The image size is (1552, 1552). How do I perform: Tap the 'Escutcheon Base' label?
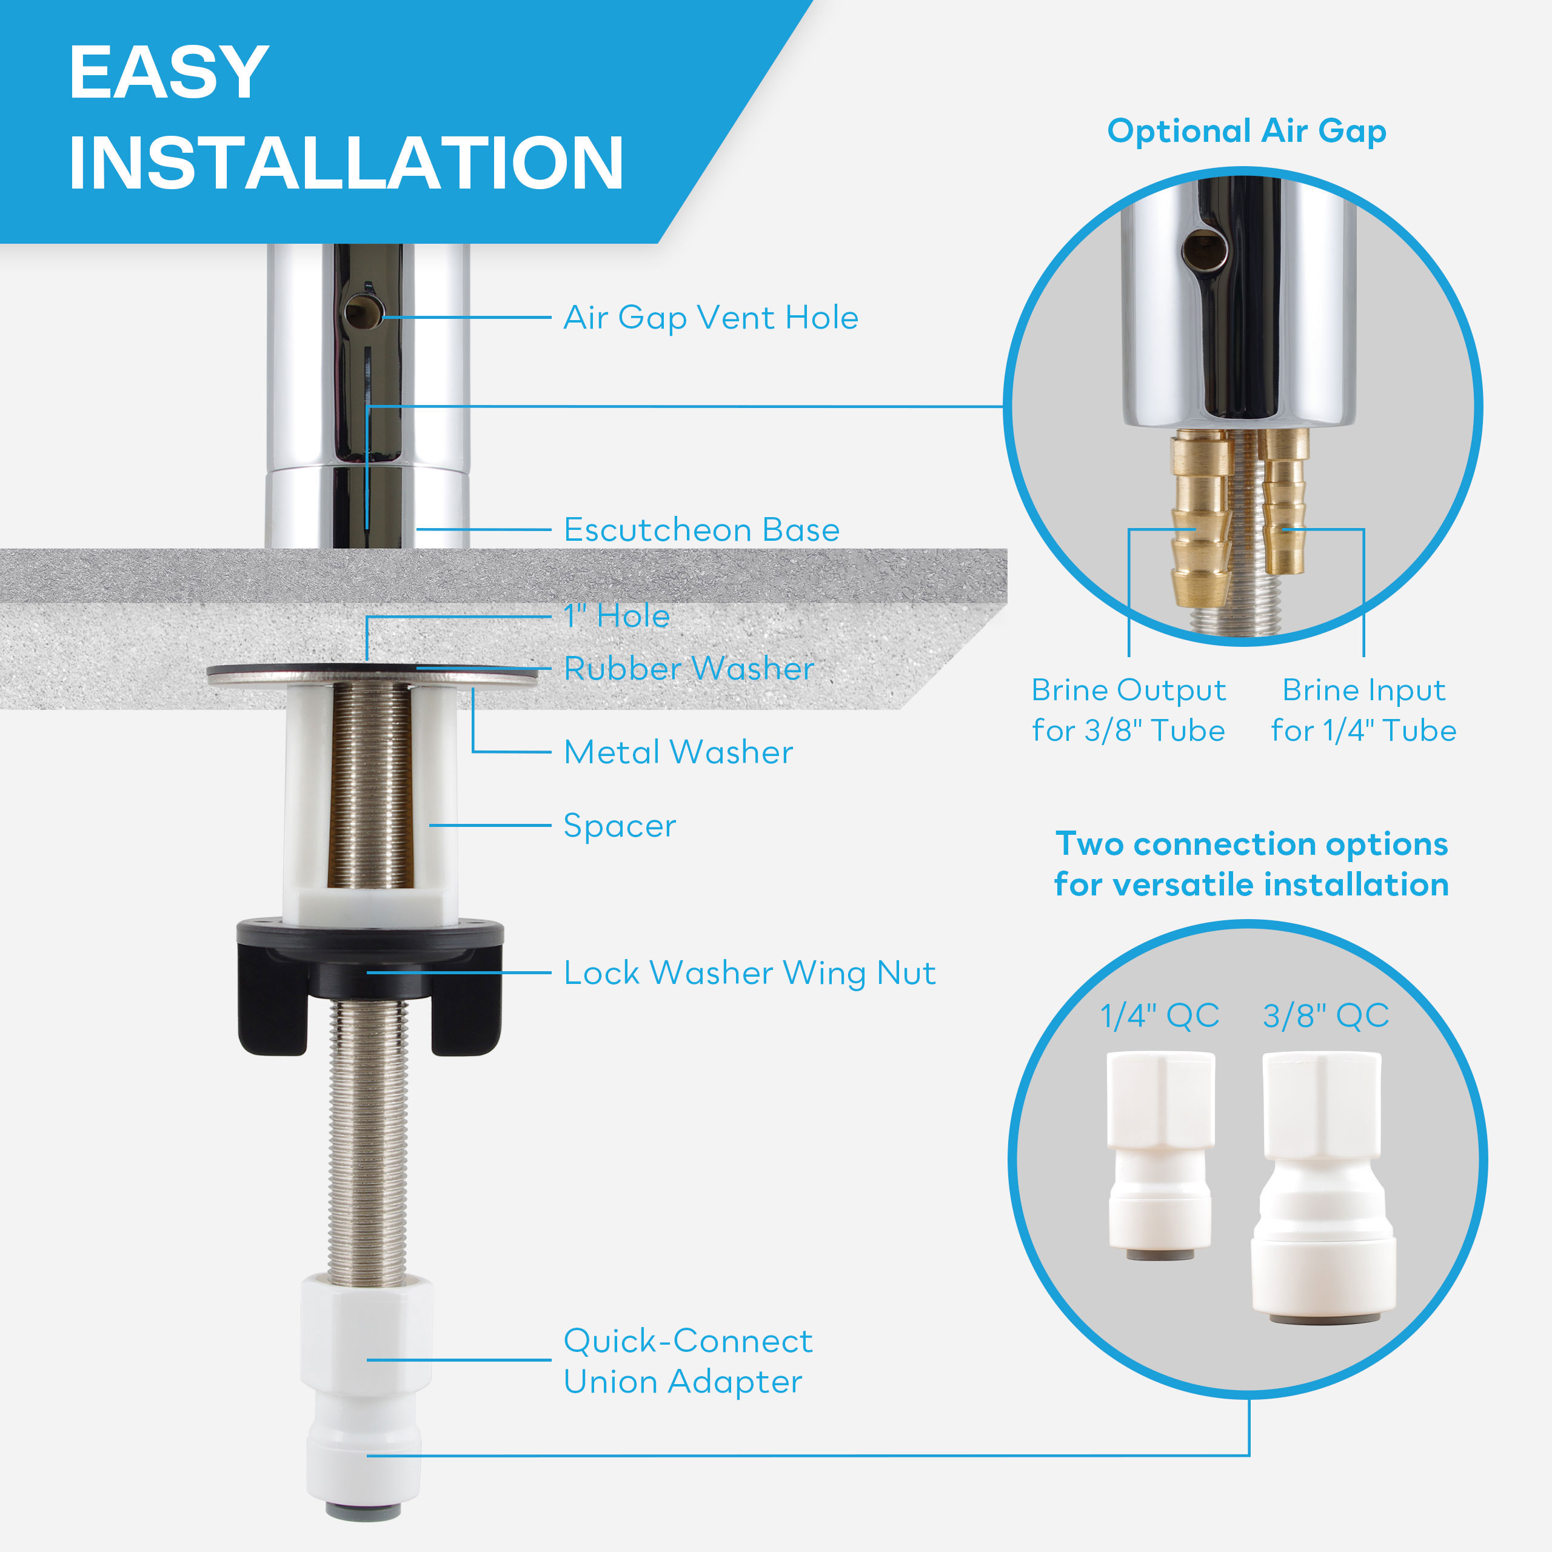[701, 530]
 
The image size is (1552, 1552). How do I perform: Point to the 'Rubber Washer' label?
[689, 668]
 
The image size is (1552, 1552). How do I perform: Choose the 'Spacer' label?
[620, 826]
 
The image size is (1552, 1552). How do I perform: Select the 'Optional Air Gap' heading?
[1246, 131]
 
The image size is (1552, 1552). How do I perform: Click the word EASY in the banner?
[169, 72]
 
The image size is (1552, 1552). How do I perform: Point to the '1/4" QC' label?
[1160, 1016]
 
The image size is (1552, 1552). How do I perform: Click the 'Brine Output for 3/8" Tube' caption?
[1129, 710]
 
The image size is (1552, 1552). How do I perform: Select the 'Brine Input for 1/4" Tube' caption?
[1364, 710]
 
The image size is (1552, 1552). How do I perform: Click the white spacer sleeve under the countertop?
[370, 803]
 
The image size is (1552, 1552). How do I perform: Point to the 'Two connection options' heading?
[1251, 845]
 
